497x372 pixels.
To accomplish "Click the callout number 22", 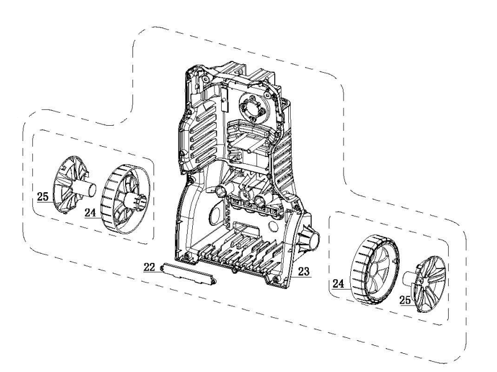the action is (150, 267).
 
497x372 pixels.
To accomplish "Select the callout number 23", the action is (303, 271).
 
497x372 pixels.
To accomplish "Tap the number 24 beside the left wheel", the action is (90, 212).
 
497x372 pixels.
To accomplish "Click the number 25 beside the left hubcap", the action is (43, 197).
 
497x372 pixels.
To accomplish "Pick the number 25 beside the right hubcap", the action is (405, 300).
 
